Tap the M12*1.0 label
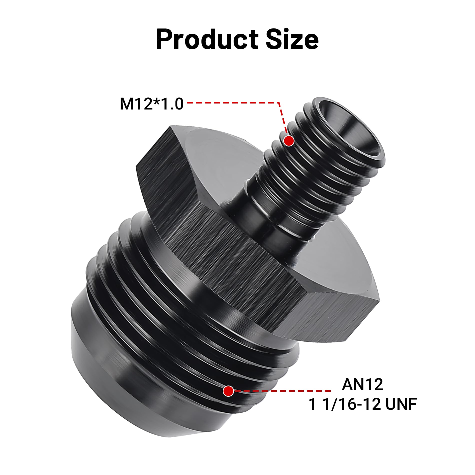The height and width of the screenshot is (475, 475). pyautogui.click(x=151, y=104)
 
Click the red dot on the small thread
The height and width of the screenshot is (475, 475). pyautogui.click(x=289, y=141)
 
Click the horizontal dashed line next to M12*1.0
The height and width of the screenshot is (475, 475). pyautogui.click(x=232, y=102)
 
